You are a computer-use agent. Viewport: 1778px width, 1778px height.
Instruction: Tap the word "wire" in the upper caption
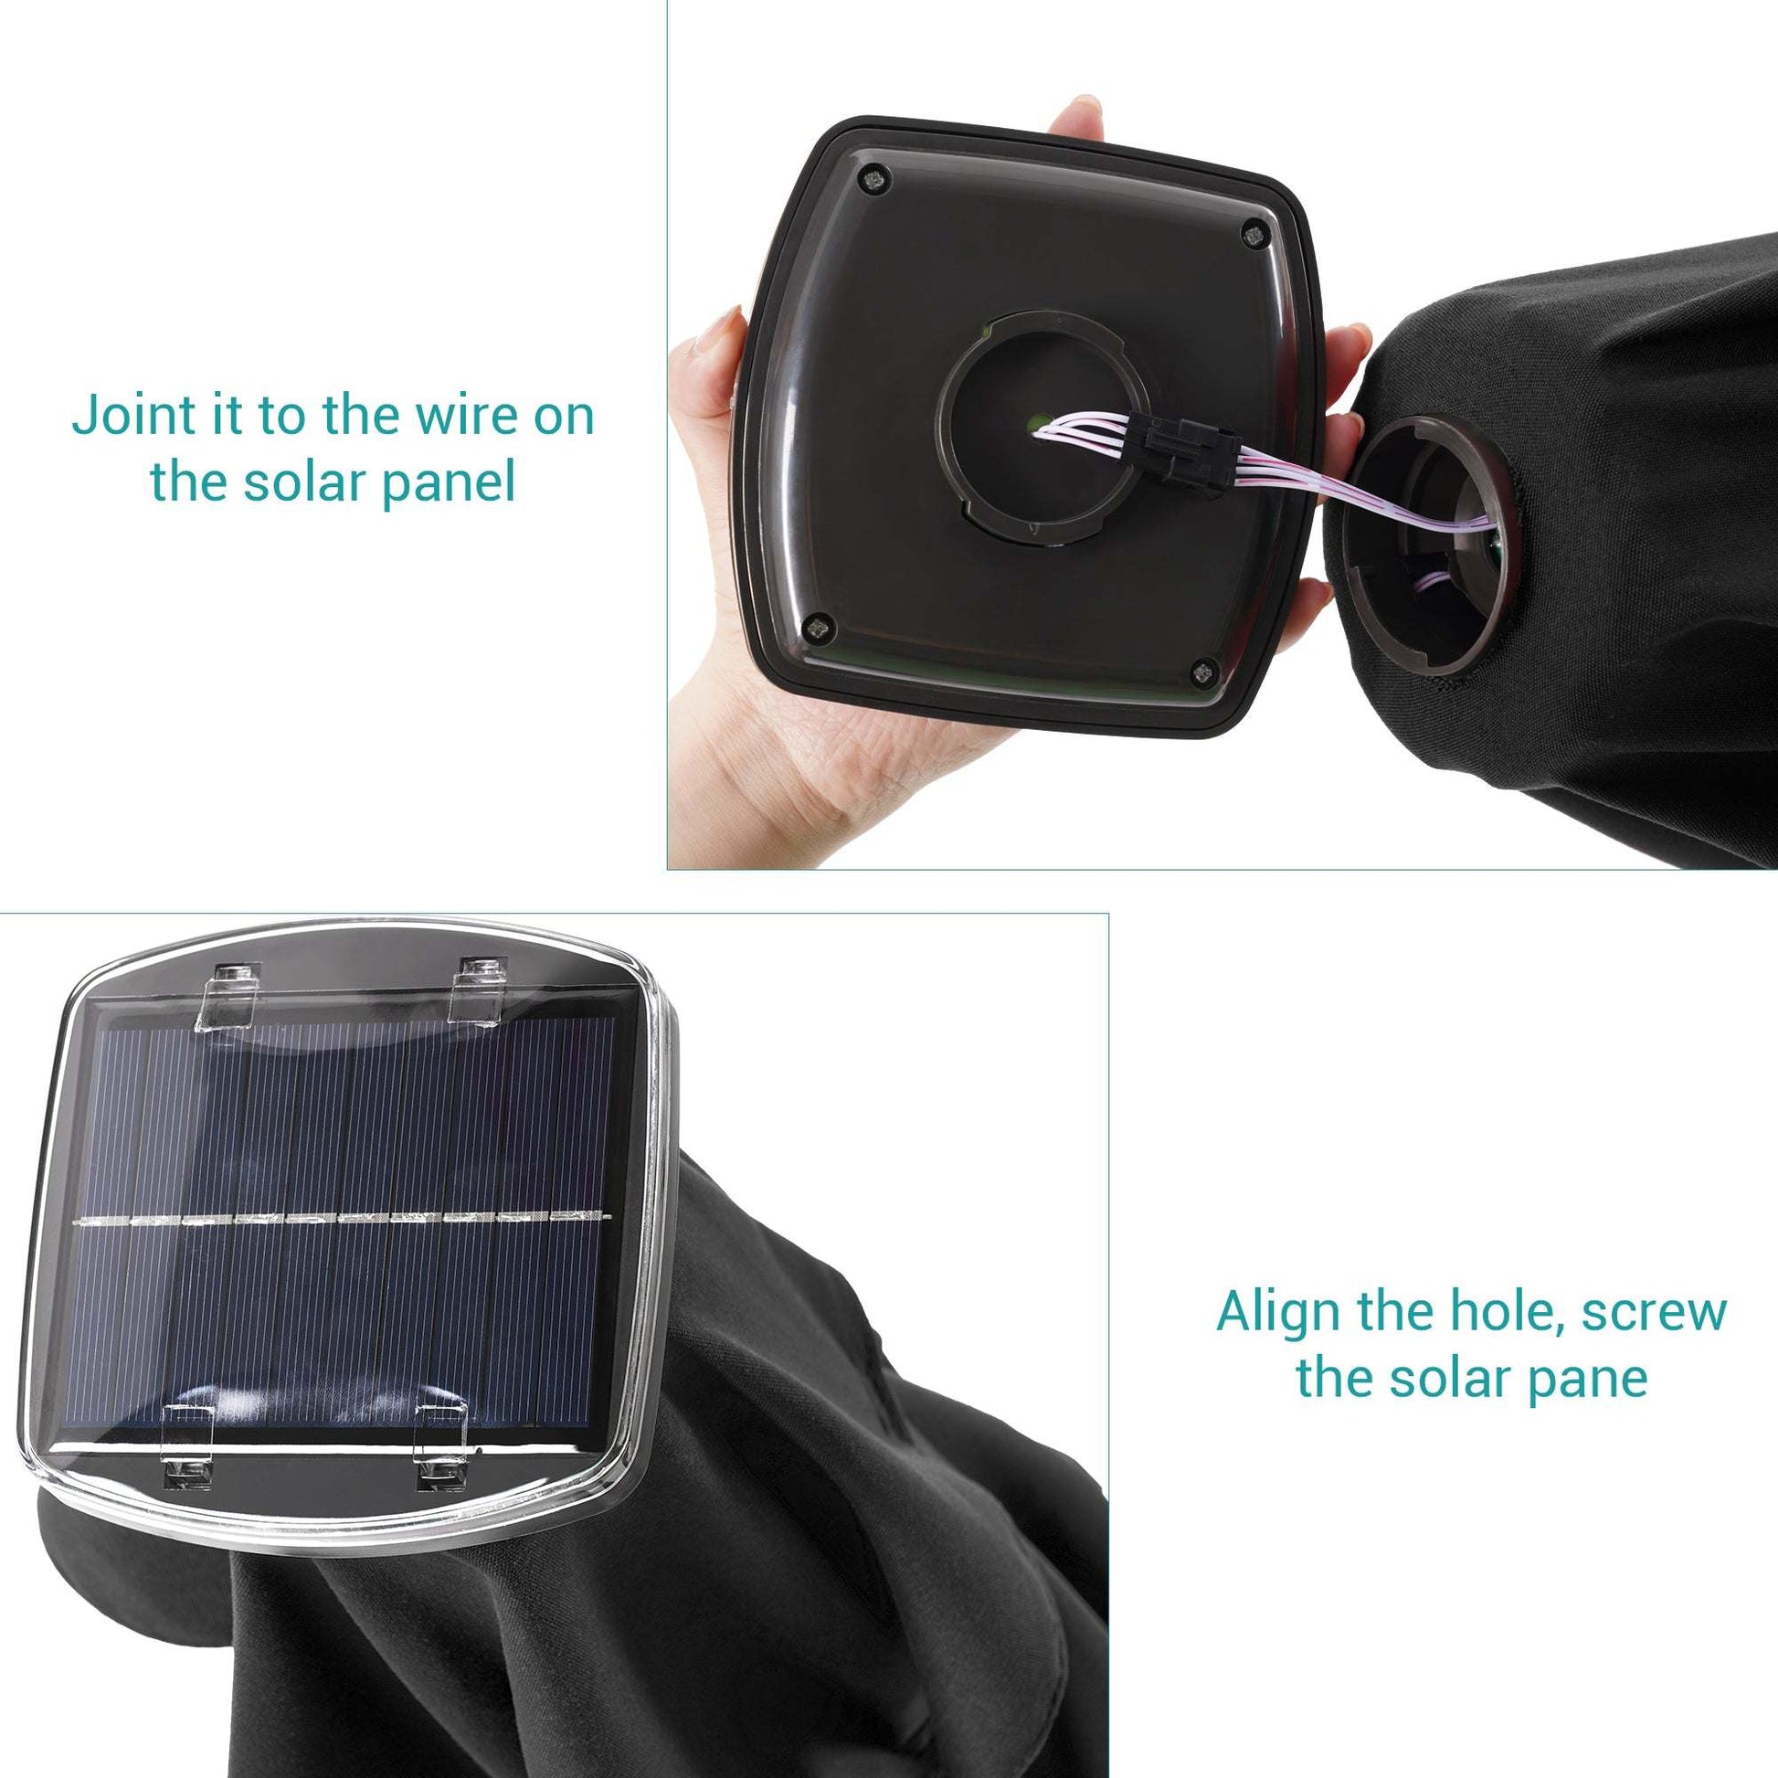[457, 416]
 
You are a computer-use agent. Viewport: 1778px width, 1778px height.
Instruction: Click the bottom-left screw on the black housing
[815, 629]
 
